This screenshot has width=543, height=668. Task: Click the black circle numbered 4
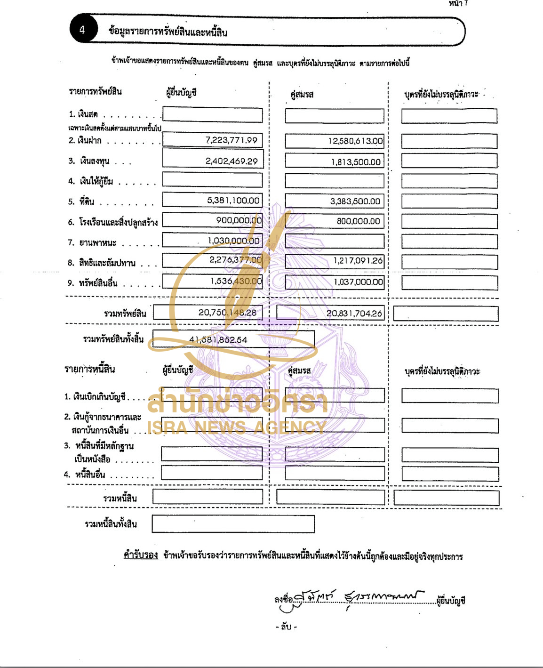(x=82, y=30)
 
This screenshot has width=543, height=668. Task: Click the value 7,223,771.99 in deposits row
(x=231, y=140)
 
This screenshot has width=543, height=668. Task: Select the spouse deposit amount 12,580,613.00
(x=355, y=141)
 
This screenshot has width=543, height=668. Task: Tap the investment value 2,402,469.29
(x=231, y=161)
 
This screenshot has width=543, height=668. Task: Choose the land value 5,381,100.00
(x=233, y=201)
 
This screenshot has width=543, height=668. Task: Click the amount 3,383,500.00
(x=355, y=201)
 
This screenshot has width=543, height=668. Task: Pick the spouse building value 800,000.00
(x=358, y=221)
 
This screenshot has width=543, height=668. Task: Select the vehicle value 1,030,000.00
(x=233, y=241)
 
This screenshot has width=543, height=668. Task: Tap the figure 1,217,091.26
(x=358, y=261)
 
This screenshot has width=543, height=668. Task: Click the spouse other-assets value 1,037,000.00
(x=358, y=282)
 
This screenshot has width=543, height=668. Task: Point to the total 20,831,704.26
(x=354, y=314)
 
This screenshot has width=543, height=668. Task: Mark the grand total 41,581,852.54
(x=218, y=340)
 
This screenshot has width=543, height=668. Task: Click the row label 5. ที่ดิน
(x=81, y=201)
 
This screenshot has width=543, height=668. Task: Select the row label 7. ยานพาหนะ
(x=91, y=243)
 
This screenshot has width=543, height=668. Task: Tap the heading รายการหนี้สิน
(x=89, y=369)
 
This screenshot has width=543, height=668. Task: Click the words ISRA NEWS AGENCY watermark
(x=237, y=427)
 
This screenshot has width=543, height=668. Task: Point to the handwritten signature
(x=358, y=599)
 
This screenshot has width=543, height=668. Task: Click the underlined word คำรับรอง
(x=140, y=555)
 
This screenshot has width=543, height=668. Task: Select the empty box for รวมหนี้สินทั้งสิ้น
(x=233, y=524)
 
